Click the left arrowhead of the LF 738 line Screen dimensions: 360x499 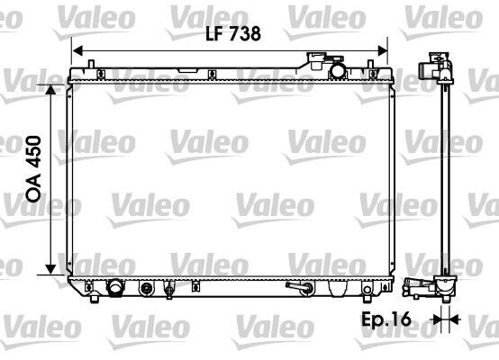click(76, 50)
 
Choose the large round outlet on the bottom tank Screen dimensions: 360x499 click(115, 289)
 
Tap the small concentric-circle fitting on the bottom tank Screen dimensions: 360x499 click(148, 290)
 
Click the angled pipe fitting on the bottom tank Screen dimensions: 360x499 click(298, 288)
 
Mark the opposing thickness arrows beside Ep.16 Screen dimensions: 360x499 click(441, 319)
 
